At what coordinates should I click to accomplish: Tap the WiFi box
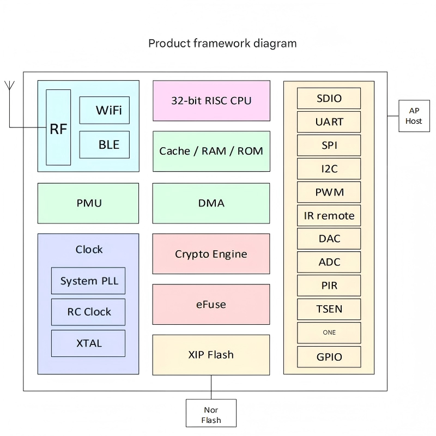pyautogui.click(x=104, y=110)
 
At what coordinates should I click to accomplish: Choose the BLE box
pyautogui.click(x=104, y=145)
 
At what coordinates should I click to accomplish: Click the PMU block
pyautogui.click(x=88, y=203)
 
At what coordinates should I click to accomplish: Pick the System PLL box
pyautogui.click(x=88, y=281)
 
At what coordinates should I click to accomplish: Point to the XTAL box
pyautogui.click(x=88, y=343)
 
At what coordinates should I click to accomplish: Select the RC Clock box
pyautogui.click(x=88, y=312)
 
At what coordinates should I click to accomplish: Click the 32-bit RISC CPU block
pyautogui.click(x=211, y=101)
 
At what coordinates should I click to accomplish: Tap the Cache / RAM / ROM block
pyautogui.click(x=211, y=151)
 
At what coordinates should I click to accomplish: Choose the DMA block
pyautogui.click(x=211, y=203)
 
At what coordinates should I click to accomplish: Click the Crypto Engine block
pyautogui.click(x=211, y=254)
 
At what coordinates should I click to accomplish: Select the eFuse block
pyautogui.click(x=211, y=304)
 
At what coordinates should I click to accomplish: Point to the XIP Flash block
pyautogui.click(x=211, y=355)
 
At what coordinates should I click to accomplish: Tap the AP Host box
pyautogui.click(x=414, y=116)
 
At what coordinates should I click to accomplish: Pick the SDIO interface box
pyautogui.click(x=329, y=98)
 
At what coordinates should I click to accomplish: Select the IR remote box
pyautogui.click(x=329, y=215)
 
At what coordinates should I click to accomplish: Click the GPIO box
pyautogui.click(x=329, y=357)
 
